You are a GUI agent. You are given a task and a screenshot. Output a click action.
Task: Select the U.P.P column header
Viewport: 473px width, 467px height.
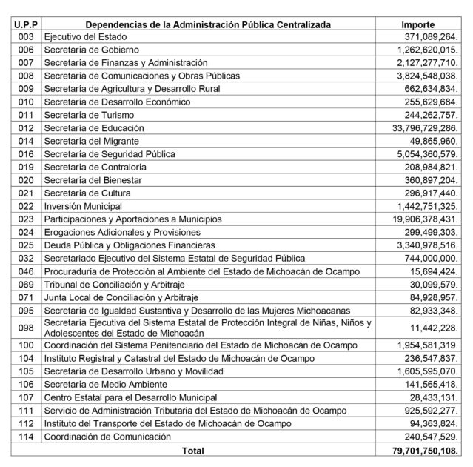(x=26, y=24)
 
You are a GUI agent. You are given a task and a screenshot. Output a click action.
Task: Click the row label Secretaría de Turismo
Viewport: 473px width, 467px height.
(x=86, y=115)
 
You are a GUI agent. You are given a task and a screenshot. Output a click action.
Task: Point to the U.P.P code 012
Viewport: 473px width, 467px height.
(x=26, y=128)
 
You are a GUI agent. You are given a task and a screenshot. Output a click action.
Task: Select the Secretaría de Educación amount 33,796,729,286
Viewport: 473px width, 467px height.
(x=418, y=128)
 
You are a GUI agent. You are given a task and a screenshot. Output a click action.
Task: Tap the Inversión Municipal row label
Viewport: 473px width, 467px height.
(x=81, y=206)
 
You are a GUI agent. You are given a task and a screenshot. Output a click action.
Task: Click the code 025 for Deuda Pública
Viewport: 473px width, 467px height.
(x=26, y=245)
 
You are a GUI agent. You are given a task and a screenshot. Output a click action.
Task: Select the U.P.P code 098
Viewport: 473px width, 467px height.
(x=26, y=328)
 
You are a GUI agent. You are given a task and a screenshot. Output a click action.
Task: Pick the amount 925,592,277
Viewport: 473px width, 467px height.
(x=426, y=411)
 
